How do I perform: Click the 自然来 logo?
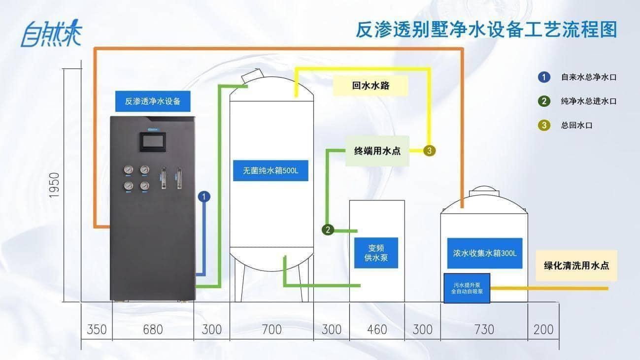click(x=51, y=33)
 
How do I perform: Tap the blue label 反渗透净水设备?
click(x=153, y=101)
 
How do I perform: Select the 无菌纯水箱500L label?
click(x=270, y=170)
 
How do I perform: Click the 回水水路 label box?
click(x=371, y=85)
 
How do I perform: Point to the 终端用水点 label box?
click(x=377, y=151)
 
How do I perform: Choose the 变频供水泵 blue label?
click(x=376, y=253)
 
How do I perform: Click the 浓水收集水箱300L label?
click(x=484, y=253)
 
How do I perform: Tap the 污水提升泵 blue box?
click(x=467, y=288)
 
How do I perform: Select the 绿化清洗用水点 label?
click(x=576, y=265)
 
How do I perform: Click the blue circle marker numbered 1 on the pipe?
click(x=204, y=196)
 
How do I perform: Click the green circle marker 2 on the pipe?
click(x=328, y=229)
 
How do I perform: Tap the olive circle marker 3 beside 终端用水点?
click(x=429, y=151)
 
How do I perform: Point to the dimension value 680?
click(x=153, y=329)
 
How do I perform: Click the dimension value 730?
click(x=484, y=329)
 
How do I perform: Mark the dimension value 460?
click(x=377, y=329)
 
